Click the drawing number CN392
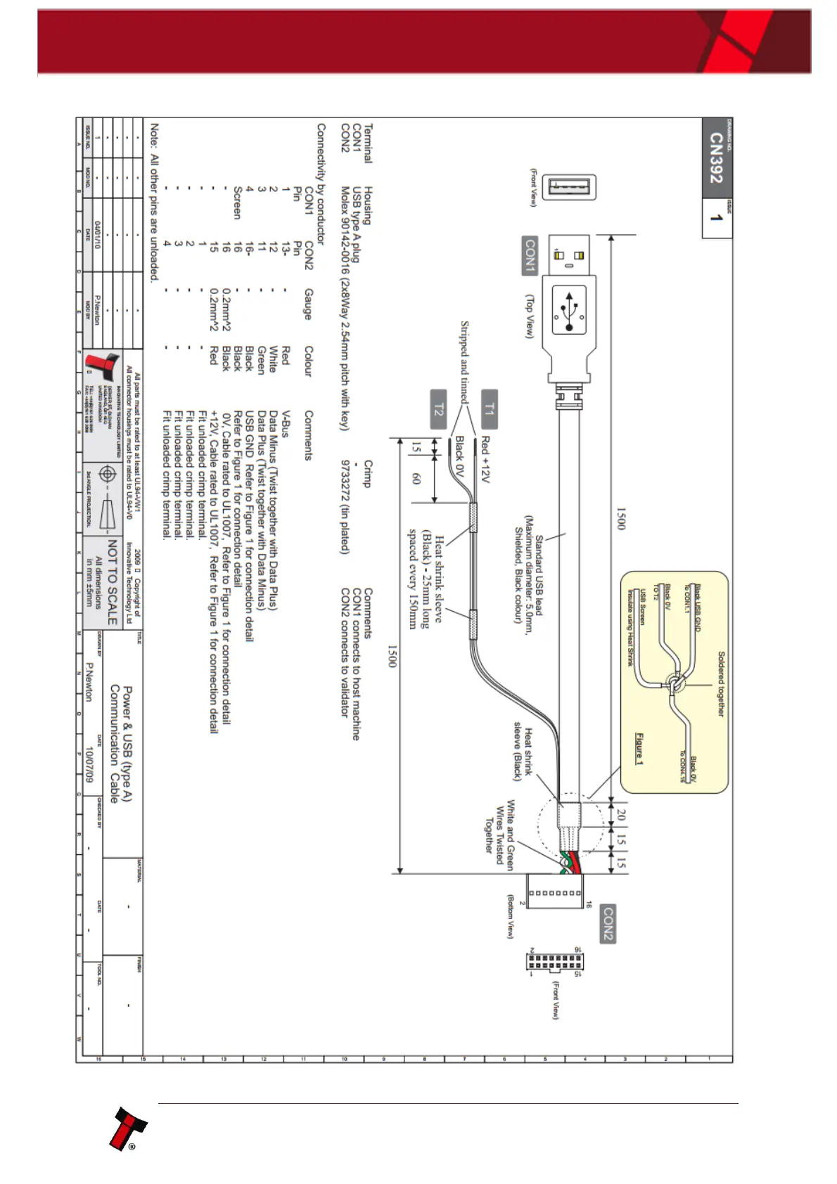(716, 157)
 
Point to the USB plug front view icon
(569, 188)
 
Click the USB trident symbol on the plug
(569, 309)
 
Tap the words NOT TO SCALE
(113, 582)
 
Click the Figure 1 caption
(639, 749)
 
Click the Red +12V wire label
(485, 459)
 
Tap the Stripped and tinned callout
(464, 361)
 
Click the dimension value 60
(416, 478)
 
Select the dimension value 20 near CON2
(620, 814)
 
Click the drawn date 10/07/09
(89, 765)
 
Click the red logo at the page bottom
(127, 1129)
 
